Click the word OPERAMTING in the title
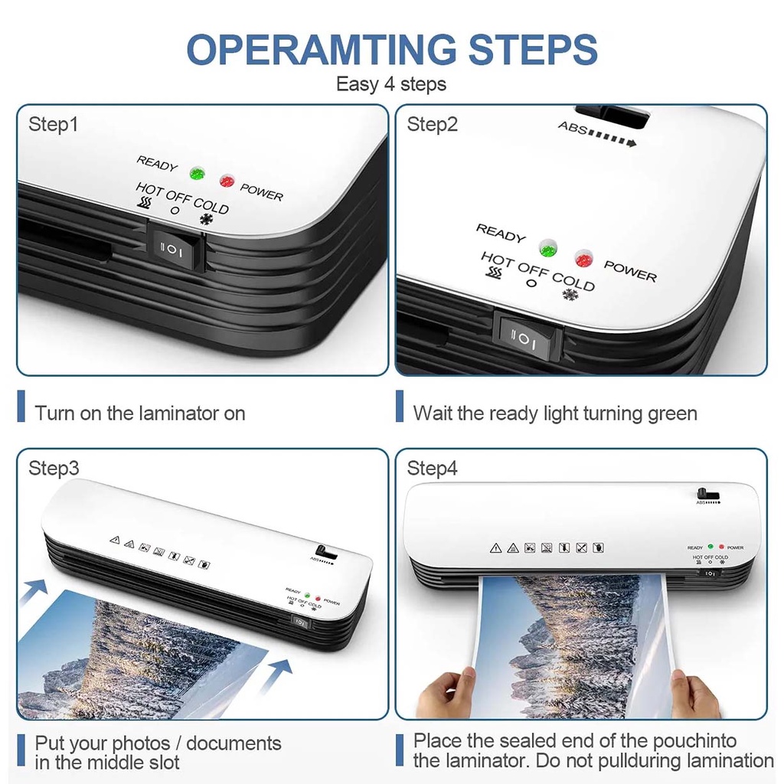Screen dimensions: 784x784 tap(321, 49)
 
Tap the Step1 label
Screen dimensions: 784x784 tap(53, 124)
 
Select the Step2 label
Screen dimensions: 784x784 tap(432, 124)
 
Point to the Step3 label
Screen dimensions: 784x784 tap(54, 468)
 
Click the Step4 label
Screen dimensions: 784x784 tap(432, 468)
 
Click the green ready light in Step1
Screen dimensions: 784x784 tap(198, 173)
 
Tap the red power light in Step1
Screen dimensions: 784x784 tap(227, 180)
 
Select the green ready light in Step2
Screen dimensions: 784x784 tap(548, 248)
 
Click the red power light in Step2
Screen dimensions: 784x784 tap(583, 259)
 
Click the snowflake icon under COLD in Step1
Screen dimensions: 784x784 tap(206, 219)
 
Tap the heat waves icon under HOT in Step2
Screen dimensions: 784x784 tap(495, 273)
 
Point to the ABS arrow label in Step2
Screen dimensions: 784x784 tap(597, 134)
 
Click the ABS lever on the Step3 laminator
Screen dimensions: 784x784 tap(327, 553)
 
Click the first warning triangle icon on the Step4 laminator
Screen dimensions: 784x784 tap(495, 548)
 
